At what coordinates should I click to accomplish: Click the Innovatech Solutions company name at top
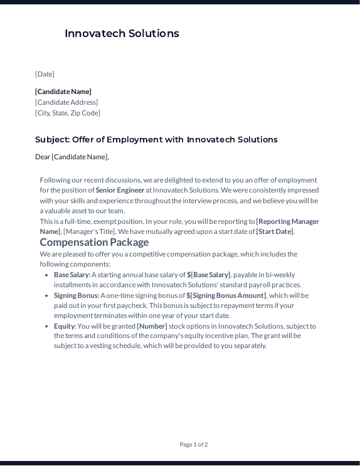(x=122, y=34)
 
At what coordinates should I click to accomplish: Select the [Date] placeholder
(x=45, y=74)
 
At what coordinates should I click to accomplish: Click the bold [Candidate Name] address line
(x=63, y=92)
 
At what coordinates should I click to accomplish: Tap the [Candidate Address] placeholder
(x=66, y=102)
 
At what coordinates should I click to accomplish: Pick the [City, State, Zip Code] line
(x=68, y=113)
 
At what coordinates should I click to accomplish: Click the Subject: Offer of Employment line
(x=156, y=140)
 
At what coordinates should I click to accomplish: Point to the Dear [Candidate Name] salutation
(x=72, y=157)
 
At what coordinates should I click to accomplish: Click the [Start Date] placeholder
(x=274, y=231)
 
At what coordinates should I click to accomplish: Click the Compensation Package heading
(x=94, y=242)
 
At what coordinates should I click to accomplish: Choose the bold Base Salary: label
(x=72, y=275)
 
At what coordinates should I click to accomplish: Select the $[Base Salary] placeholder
(x=208, y=275)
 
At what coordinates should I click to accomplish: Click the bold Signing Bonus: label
(x=77, y=295)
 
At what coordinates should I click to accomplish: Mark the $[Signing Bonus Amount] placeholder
(x=226, y=295)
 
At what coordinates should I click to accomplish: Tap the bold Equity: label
(x=65, y=326)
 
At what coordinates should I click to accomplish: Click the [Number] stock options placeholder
(x=152, y=326)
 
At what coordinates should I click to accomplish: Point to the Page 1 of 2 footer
(x=194, y=445)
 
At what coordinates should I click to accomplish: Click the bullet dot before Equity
(x=47, y=326)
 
